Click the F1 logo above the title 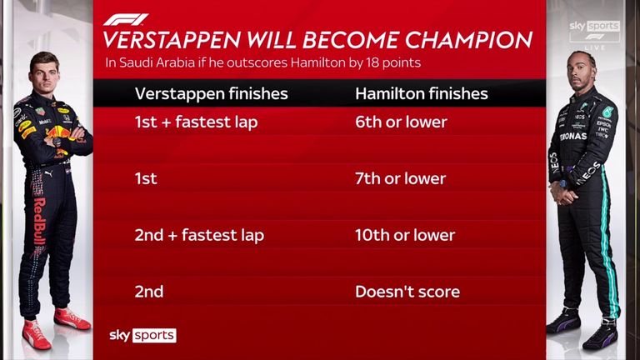pyautogui.click(x=125, y=20)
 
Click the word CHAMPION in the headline pyautogui.click(x=468, y=40)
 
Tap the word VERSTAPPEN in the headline pyautogui.click(x=172, y=40)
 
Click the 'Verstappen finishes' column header pyautogui.click(x=212, y=94)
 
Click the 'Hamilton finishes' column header pyautogui.click(x=422, y=94)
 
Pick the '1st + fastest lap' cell pyautogui.click(x=197, y=122)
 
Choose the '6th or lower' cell pyautogui.click(x=401, y=122)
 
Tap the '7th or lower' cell pyautogui.click(x=400, y=178)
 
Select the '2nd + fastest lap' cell pyautogui.click(x=200, y=235)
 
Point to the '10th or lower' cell pyautogui.click(x=405, y=235)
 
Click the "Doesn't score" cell pyautogui.click(x=407, y=292)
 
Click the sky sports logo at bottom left pyautogui.click(x=142, y=335)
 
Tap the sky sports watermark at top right pyautogui.click(x=595, y=26)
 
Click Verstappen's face pyautogui.click(x=44, y=76)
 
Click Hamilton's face pyautogui.click(x=582, y=72)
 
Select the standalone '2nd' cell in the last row pyautogui.click(x=149, y=292)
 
